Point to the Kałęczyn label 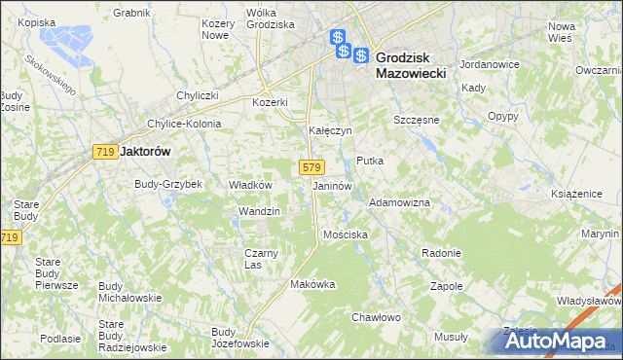pos(330,130)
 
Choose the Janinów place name pos(332,185)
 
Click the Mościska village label pos(345,234)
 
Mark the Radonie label pos(441,253)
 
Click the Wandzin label pos(259,211)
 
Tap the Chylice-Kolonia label pos(184,124)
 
